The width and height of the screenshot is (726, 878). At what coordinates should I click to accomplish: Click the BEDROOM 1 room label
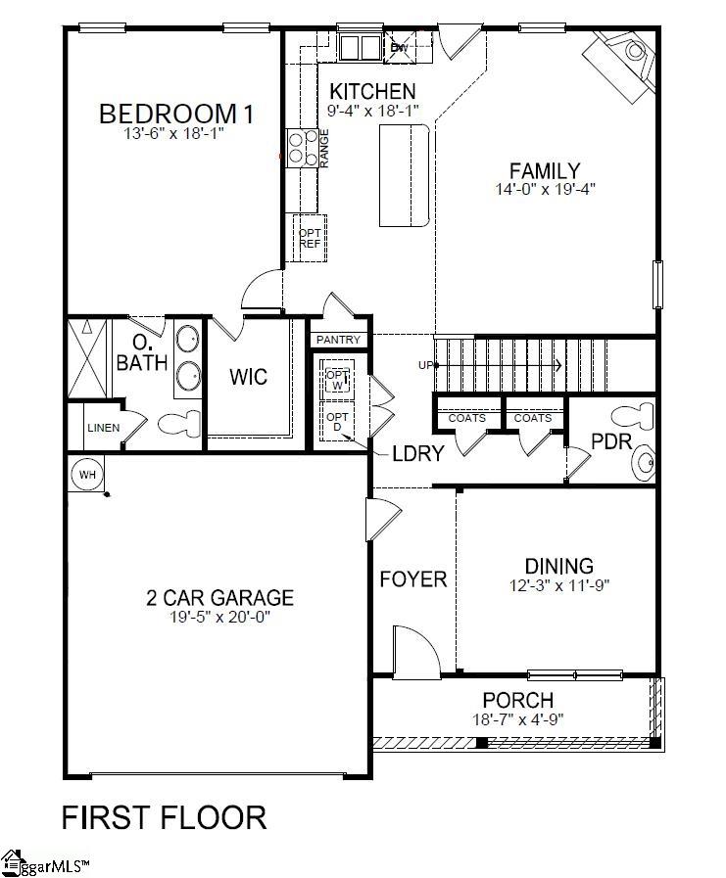coord(176,115)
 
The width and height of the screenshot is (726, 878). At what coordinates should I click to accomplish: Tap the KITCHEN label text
coord(364,92)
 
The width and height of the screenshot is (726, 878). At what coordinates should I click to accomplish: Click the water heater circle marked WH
coord(87,475)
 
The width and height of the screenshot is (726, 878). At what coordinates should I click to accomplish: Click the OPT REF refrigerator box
coord(310,238)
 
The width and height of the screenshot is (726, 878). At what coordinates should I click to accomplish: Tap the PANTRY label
coord(338,340)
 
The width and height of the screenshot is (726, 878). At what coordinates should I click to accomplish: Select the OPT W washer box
coord(337,380)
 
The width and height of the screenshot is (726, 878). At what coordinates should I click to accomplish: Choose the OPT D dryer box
coord(337,422)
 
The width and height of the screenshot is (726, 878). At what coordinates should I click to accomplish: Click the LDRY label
coord(418,453)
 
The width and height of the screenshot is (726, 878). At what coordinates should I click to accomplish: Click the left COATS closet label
coord(465,418)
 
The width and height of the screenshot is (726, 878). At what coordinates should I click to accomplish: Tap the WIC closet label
coord(248,377)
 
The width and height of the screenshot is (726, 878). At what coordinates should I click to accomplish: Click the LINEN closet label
coord(103,428)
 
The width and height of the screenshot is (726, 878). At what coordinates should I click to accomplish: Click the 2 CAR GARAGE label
coord(219,597)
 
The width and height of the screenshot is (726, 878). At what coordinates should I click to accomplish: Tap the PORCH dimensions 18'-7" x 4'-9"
coord(517,718)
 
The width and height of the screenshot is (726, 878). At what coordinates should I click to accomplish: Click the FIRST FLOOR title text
coord(165,816)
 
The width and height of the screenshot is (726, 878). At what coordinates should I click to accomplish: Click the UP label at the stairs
coord(425,365)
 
